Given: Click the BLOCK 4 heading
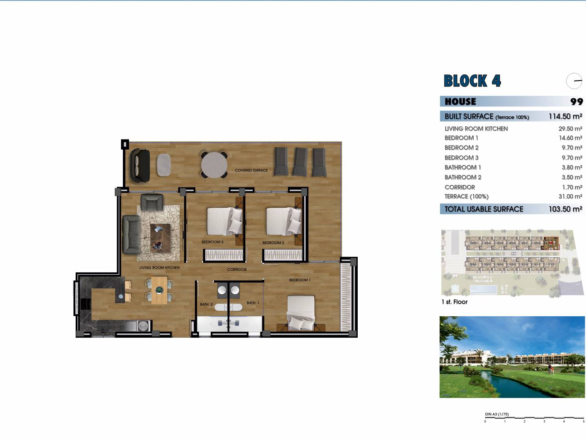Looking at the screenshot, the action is pos(472,81).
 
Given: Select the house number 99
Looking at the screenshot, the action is pos(577,102).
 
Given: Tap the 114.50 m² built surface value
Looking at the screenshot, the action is pos(565,116).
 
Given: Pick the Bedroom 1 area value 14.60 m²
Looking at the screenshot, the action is pos(570,138).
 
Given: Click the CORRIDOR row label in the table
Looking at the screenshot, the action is pos(460,187).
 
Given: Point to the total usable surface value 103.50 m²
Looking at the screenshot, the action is pos(565,209).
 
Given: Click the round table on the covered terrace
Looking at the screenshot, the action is pos(214,165).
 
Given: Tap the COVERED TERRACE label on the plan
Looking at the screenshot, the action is pos(251,170).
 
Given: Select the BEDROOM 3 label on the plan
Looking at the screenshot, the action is pos(212,242).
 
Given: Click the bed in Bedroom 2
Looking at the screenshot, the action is pos(284,221).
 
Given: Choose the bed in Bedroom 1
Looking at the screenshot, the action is pos(301,313).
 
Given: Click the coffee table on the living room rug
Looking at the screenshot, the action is pos(160,238).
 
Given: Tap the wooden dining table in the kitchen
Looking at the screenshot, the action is pos(160,290).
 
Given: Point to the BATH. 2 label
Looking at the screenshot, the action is pos(206,304).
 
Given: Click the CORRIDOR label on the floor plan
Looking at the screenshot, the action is pos(236,269).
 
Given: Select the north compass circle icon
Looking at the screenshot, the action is pos(574,81).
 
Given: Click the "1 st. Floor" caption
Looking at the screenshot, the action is pos(455,302).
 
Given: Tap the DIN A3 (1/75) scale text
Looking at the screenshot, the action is pos(496,414).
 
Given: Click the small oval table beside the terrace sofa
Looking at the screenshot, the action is pos(164,165).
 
